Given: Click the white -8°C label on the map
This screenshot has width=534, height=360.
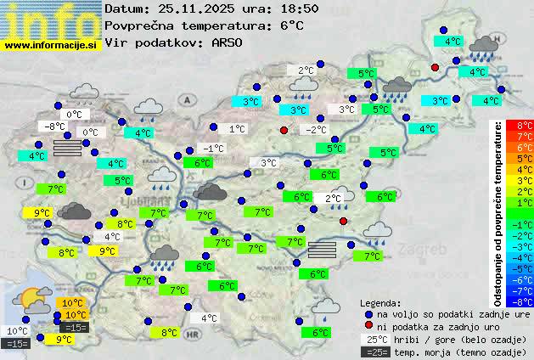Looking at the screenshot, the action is [x=56, y=127].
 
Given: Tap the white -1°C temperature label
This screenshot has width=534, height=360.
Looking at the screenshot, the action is [x=214, y=148].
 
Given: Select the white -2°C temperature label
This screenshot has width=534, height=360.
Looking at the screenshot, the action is [x=316, y=129].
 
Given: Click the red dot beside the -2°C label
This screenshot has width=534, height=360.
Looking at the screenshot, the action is [x=284, y=130].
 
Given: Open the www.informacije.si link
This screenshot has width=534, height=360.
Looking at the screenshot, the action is [x=51, y=43].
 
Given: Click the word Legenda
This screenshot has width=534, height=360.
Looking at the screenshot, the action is [x=380, y=302].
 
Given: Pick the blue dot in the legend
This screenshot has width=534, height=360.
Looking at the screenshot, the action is [x=368, y=313].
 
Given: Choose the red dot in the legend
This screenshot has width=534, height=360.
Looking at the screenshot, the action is [x=368, y=326].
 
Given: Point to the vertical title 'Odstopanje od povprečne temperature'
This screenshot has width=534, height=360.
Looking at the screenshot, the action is [x=497, y=212].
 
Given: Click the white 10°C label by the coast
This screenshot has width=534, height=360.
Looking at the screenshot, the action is [x=16, y=331].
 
